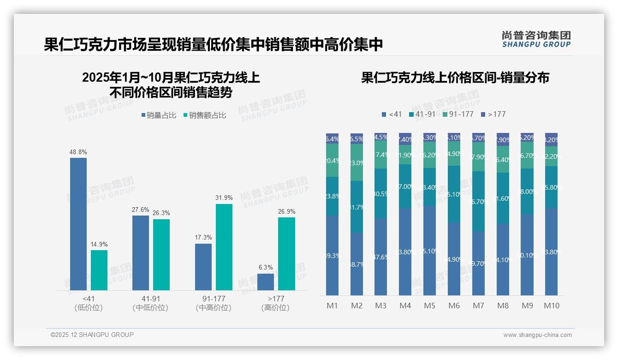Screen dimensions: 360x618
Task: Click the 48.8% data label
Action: pyautogui.click(x=78, y=152)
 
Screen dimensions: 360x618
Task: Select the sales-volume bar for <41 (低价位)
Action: pyautogui.click(x=78, y=224)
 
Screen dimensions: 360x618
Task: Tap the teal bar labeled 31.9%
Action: pyautogui.click(x=224, y=247)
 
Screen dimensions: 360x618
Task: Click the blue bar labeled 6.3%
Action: pyautogui.click(x=266, y=282)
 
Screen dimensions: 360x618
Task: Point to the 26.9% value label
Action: pyautogui.click(x=286, y=211)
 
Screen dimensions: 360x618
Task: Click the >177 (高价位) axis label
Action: pyautogui.click(x=275, y=303)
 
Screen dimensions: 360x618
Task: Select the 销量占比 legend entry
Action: pyautogui.click(x=158, y=115)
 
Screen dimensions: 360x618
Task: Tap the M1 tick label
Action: pyautogui.click(x=332, y=306)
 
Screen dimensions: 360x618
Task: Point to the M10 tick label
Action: pyautogui.click(x=551, y=306)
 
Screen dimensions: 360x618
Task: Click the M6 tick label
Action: pyautogui.click(x=454, y=306)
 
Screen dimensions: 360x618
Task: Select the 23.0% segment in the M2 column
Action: pyautogui.click(x=357, y=162)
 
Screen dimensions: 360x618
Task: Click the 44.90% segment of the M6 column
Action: pyautogui.click(x=454, y=259)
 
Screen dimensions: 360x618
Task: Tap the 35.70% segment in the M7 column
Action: pyautogui.click(x=478, y=201)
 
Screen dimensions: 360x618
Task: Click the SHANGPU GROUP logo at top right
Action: pyautogui.click(x=536, y=39)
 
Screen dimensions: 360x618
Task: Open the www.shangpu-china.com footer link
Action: pyautogui.click(x=537, y=335)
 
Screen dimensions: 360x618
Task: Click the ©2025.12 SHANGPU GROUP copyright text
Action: pyautogui.click(x=92, y=335)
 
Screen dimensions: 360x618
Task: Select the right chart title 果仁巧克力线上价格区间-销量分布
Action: pyautogui.click(x=455, y=78)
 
